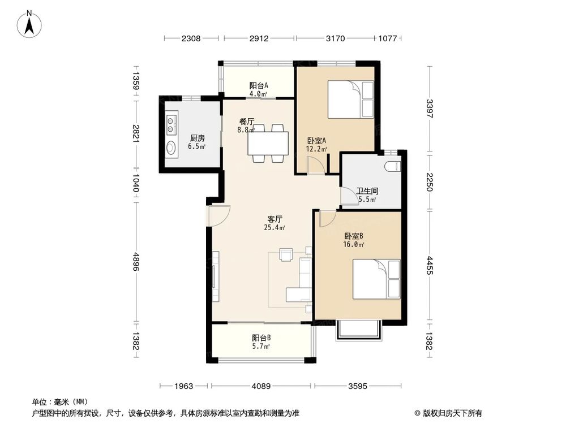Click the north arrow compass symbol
click(29, 24)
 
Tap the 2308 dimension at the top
click(191, 38)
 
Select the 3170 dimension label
click(335, 38)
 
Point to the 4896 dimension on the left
click(136, 261)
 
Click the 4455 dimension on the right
click(429, 265)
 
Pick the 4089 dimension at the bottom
click(261, 386)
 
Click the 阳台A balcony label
click(259, 86)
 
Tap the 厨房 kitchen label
click(198, 138)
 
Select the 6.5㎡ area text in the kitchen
click(197, 146)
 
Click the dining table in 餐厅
click(268, 144)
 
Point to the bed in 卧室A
click(350, 99)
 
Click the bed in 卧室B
click(376, 279)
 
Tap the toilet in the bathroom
click(393, 167)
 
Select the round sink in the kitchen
click(171, 148)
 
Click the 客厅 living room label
click(275, 219)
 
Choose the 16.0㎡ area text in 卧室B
click(353, 245)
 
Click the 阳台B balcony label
click(261, 338)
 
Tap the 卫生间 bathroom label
click(367, 191)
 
